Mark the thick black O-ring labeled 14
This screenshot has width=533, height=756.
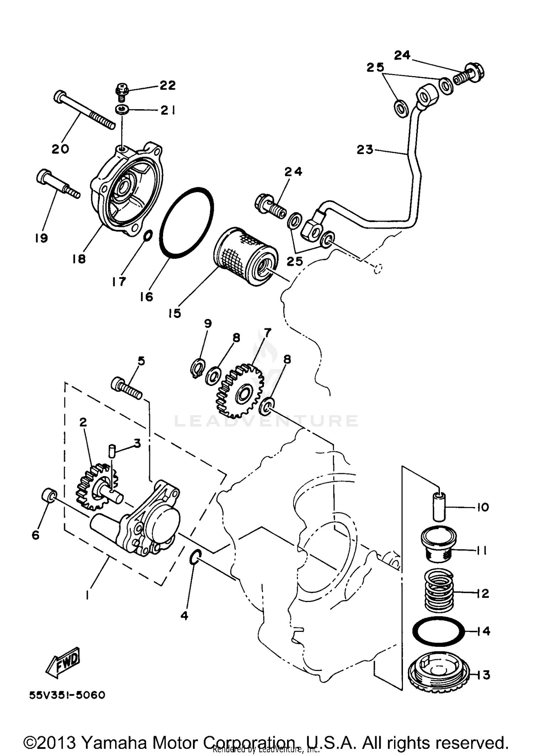(439, 631)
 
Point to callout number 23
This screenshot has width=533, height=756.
(365, 150)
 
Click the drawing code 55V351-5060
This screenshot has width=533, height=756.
(67, 695)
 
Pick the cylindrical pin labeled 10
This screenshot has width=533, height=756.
(440, 506)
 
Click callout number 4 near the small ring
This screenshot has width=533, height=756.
(184, 615)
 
